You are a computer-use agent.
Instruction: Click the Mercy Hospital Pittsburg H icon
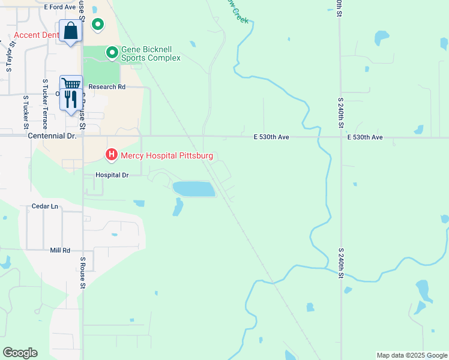pos(111,155)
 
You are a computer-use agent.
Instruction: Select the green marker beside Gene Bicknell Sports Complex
pos(112,53)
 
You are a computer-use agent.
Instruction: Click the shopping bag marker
pos(70,31)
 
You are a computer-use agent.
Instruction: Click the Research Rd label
pos(107,86)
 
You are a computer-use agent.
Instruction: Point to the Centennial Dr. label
pos(52,136)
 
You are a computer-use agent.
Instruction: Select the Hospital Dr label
pos(112,175)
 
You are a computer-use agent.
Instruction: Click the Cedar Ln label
pos(45,206)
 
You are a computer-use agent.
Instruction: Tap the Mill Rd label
pos(60,250)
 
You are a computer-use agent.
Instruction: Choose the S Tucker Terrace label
pos(45,104)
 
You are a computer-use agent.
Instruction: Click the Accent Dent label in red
pos(36,35)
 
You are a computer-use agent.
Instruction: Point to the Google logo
pos(20,352)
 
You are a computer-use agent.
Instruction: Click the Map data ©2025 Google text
pos(411,355)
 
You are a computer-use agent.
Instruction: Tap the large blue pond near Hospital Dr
pos(194,189)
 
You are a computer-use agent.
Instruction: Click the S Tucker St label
pos(26,112)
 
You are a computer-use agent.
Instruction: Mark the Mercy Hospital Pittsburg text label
pos(167,156)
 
